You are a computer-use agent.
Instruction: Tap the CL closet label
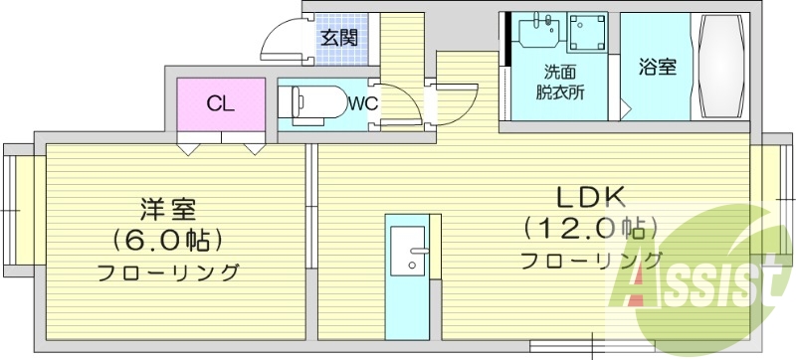(220, 103)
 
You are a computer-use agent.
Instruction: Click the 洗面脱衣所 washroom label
(562, 82)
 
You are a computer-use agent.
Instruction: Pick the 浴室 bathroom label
(657, 68)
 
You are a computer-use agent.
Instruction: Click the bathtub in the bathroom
(719, 66)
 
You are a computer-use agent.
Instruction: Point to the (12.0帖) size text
(590, 229)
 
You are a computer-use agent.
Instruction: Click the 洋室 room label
(167, 209)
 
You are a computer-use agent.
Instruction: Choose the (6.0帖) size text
(167, 240)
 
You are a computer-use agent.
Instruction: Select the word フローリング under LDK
(591, 261)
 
